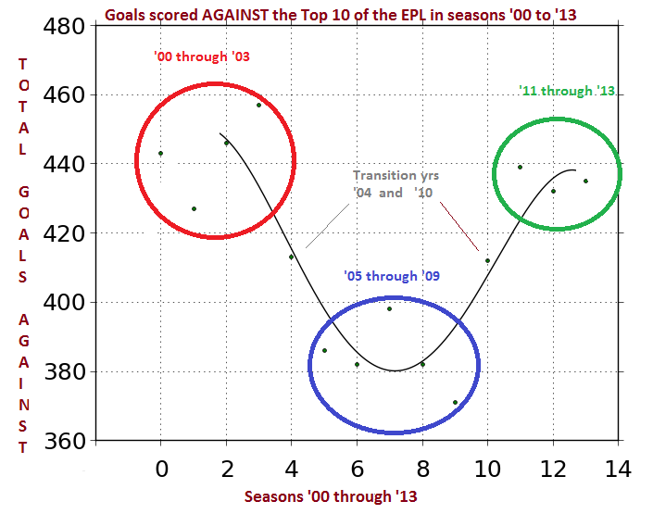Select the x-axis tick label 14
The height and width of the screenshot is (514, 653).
click(x=618, y=469)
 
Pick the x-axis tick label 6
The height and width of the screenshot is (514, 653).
click(x=357, y=469)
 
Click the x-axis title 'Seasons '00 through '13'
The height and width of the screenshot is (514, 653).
click(x=331, y=496)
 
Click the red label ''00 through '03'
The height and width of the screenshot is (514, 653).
click(x=202, y=56)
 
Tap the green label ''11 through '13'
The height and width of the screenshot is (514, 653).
click(x=568, y=91)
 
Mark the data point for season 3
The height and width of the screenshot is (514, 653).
click(x=259, y=105)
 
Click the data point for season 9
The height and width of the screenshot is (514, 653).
click(x=455, y=403)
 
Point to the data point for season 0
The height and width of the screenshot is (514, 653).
click(x=160, y=153)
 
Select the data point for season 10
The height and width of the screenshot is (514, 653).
click(x=487, y=261)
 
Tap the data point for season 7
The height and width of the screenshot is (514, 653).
click(x=389, y=308)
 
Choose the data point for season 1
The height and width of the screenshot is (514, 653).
click(x=194, y=208)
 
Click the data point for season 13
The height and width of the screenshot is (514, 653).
click(x=585, y=181)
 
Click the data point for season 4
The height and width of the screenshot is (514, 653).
click(x=291, y=257)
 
